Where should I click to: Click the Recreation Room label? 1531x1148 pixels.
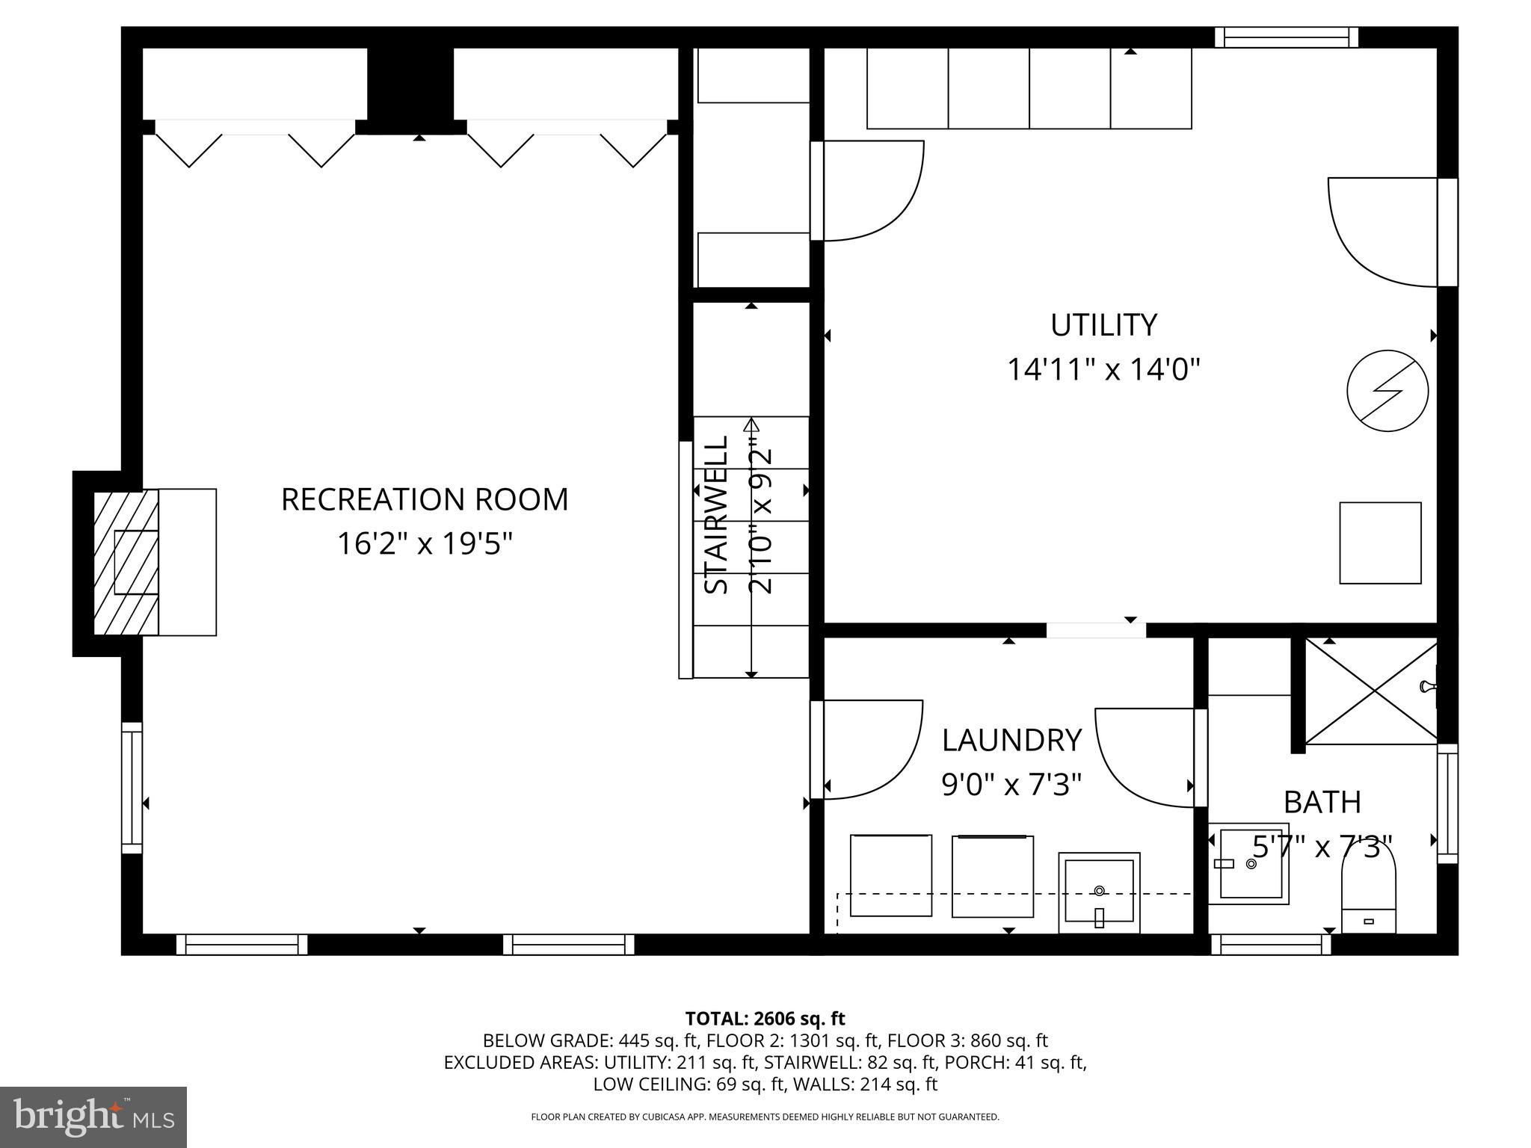[x=425, y=499]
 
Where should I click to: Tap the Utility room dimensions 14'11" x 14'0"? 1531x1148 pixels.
[x=1103, y=369]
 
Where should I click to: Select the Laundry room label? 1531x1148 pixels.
[x=1011, y=740]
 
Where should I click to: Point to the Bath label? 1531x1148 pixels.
[x=1322, y=802]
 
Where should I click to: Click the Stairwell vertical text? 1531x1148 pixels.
[x=717, y=515]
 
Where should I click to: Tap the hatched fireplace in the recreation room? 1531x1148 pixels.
[x=126, y=562]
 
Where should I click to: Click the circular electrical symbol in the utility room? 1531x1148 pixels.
[x=1387, y=391]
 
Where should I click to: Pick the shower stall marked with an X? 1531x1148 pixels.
[x=1371, y=691]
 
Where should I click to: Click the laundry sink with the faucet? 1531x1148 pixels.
[x=1099, y=892]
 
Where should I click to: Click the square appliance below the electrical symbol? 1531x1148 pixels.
[x=1380, y=543]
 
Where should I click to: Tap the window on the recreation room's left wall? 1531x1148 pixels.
[x=132, y=788]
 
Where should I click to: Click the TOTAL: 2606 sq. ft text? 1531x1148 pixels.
[x=765, y=1018]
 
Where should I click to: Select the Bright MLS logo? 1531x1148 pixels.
[x=93, y=1117]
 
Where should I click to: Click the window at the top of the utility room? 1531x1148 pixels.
[x=1286, y=37]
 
